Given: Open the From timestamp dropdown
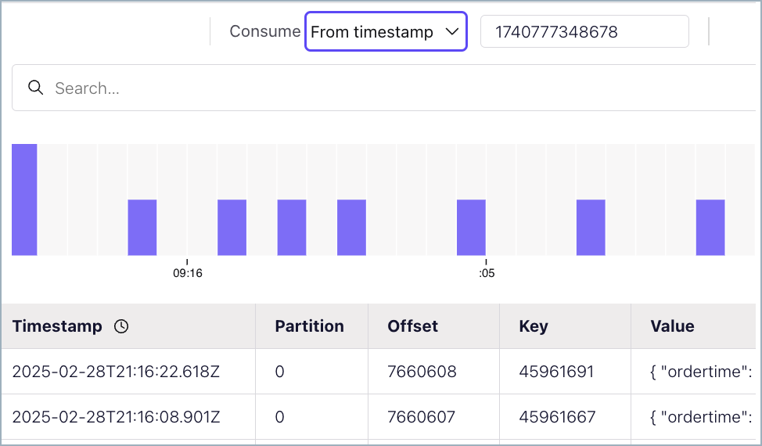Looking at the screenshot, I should pos(385,32).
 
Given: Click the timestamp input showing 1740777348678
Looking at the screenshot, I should pos(584,32).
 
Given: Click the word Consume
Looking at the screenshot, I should pos(264,31).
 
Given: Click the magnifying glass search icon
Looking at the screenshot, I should pos(35,88).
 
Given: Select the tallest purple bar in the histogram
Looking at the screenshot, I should pos(24,200).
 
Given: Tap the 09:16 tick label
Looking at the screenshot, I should pos(188,273).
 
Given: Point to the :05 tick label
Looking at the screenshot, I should pos(486,273).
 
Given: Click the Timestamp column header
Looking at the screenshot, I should pos(57,326).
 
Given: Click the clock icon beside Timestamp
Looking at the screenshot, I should pos(121,327).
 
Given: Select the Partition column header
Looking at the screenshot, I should pos(309,326).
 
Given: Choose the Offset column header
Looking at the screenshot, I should pos(412,326).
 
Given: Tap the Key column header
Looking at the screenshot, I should pos(534,326).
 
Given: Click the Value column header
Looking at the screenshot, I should pos(672,326).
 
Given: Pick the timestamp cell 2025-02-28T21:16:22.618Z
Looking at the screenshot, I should pos(116,372).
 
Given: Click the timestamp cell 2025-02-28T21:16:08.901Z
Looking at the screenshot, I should pos(116,417).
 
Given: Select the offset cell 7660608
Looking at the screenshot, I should pos(422,372).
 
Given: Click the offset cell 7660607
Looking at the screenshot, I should pos(421,417).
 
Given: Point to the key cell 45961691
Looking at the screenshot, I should pos(556,372).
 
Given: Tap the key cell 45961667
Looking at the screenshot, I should pos(557,417).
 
